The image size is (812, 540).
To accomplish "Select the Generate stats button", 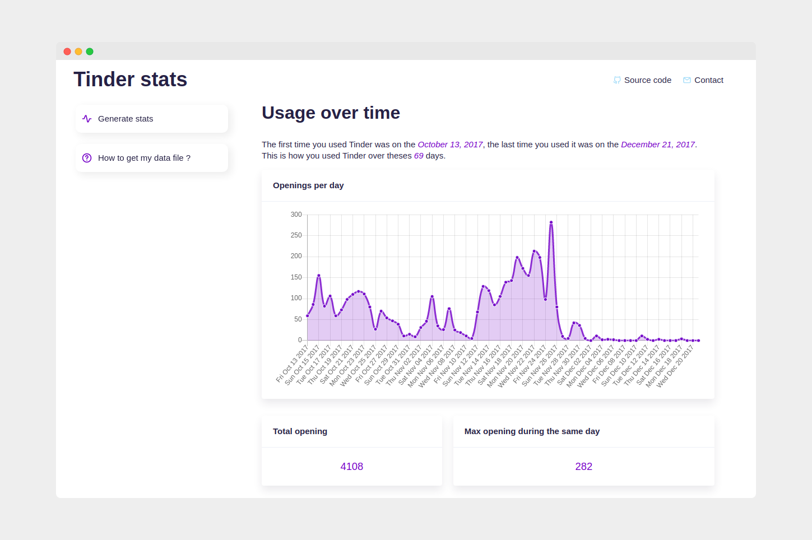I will tap(151, 119).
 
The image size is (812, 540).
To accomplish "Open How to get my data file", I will tap(151, 158).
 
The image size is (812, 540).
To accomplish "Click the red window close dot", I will tap(67, 52).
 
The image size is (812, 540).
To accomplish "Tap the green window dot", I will tap(90, 52).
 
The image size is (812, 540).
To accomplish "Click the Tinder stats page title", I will tap(130, 80).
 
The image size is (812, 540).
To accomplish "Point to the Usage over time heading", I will tap(331, 113).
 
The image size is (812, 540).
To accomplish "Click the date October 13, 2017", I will tap(450, 145).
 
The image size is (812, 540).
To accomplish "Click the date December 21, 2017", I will tap(657, 145).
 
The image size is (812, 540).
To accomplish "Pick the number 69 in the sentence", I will tap(419, 156).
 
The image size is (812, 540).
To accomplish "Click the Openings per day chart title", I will tap(308, 185).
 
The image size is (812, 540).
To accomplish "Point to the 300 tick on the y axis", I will tap(296, 215).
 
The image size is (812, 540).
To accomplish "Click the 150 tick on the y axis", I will tap(296, 277).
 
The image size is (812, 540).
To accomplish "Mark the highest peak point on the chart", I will tap(551, 222).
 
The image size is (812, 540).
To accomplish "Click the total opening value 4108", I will tap(351, 467).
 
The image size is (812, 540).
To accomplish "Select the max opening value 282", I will tap(583, 467).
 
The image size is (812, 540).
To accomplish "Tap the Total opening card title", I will tap(300, 431).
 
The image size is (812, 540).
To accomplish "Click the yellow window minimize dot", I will tap(78, 52).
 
